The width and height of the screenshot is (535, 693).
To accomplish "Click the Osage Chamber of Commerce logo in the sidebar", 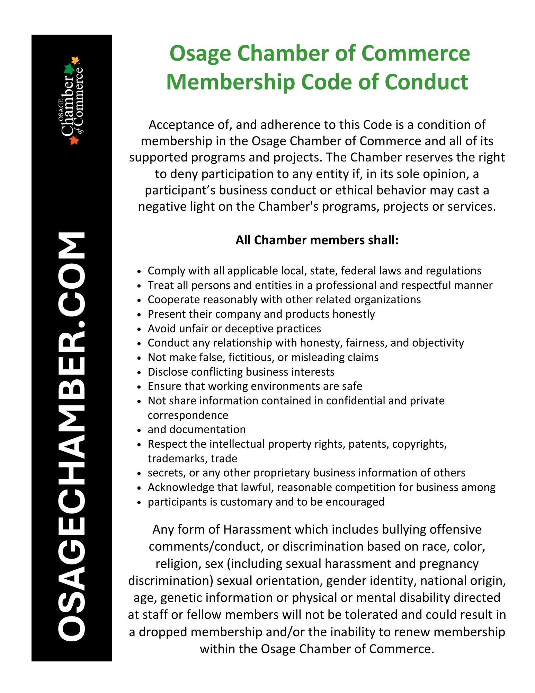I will tap(72, 100).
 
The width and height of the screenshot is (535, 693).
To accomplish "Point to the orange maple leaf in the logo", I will tap(74, 140).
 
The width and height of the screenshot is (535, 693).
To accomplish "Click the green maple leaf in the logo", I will tap(70, 69).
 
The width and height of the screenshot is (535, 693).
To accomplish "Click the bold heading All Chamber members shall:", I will tap(317, 240).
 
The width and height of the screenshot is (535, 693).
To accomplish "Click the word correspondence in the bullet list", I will tap(188, 415).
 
